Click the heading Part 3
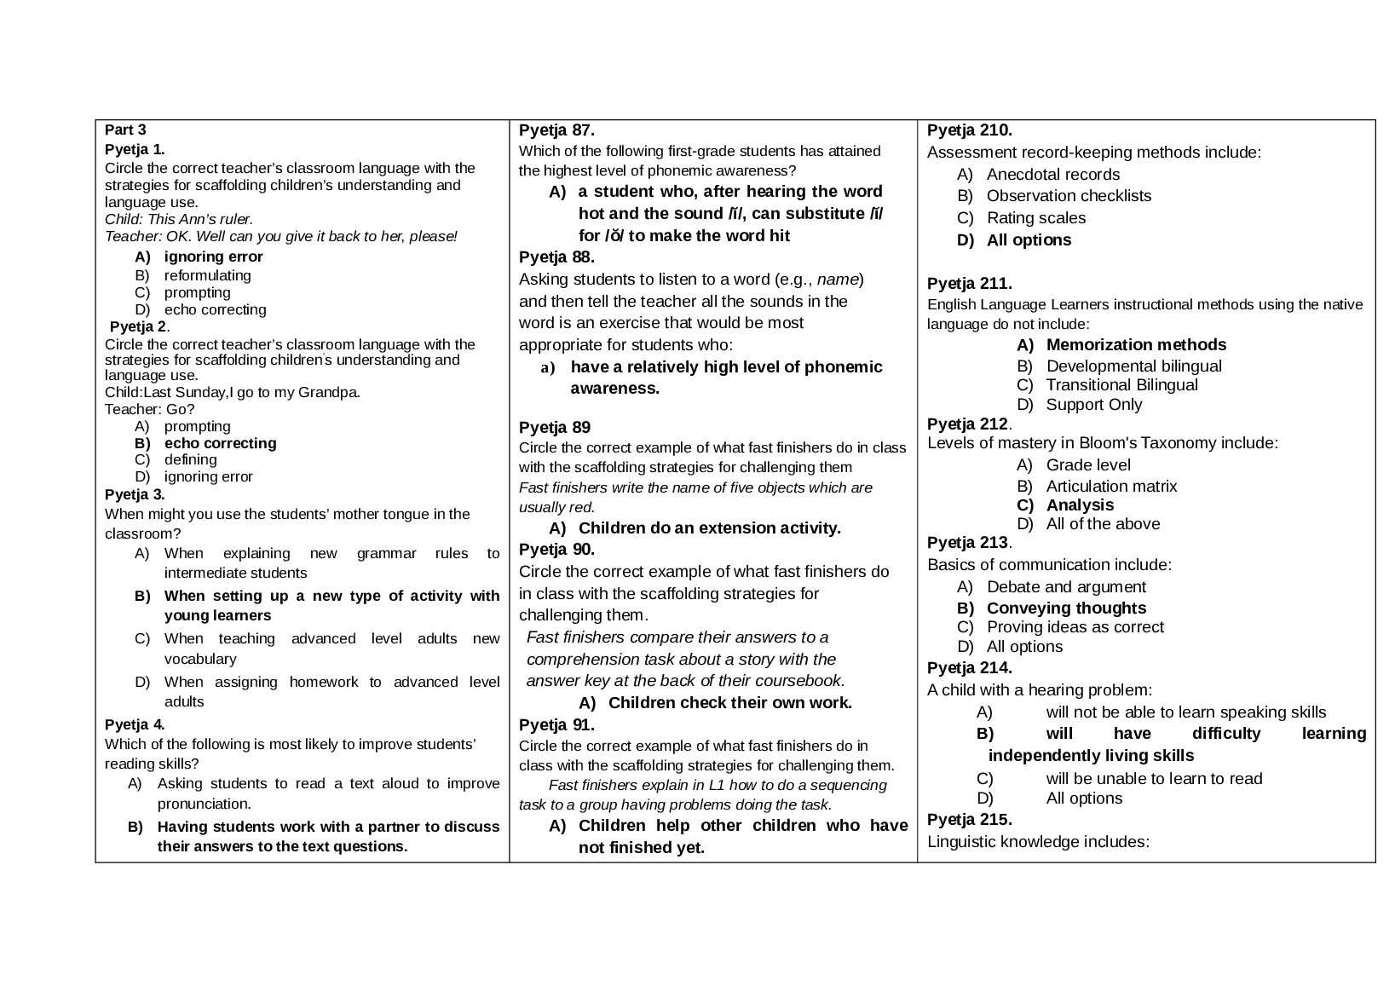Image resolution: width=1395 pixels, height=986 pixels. coord(125,130)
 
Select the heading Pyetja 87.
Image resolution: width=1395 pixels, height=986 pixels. coord(556,130)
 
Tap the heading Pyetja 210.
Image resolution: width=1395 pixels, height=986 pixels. coord(969,130)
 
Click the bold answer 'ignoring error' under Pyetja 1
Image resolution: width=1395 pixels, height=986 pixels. coord(213,257)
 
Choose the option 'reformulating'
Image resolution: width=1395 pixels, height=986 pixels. coord(207,275)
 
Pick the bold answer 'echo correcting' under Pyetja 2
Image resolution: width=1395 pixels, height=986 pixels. coord(220,443)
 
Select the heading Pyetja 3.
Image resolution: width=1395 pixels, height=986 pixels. coord(135,494)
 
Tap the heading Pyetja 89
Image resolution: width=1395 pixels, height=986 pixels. coord(554,427)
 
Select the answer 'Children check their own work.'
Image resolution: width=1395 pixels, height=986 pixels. coord(729,703)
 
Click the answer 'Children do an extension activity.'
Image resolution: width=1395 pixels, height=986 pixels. coord(709,528)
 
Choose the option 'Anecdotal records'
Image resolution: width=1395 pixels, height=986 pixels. coord(1052,175)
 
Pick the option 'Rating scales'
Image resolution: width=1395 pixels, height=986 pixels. coord(1035,218)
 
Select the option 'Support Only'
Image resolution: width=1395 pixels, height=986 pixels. coord(1093,405)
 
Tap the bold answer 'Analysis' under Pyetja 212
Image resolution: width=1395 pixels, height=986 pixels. coord(1080,505)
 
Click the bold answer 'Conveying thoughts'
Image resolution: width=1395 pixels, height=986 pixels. coord(1066,608)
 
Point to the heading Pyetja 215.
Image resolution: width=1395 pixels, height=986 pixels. coord(969,820)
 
